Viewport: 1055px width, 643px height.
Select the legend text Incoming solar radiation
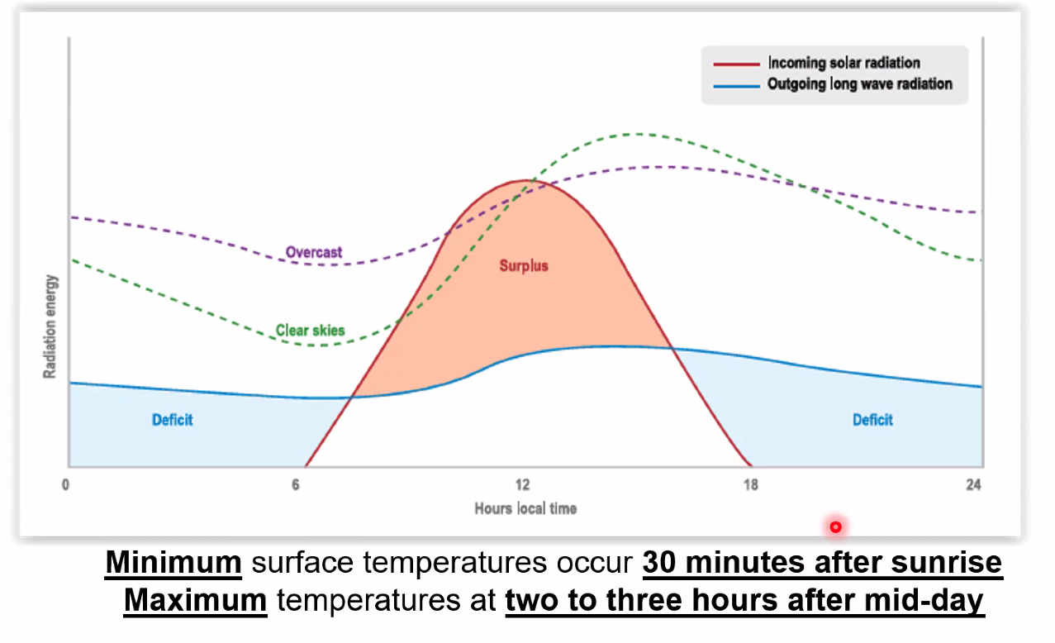tap(844, 63)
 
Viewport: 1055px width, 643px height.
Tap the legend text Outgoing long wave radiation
tap(859, 83)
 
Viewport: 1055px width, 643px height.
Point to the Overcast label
tap(314, 252)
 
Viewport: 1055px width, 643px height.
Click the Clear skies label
tap(311, 331)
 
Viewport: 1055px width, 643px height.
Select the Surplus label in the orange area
tap(524, 266)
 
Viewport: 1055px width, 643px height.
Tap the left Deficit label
tap(173, 420)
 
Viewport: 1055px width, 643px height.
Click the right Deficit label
tap(872, 420)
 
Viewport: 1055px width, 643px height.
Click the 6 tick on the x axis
tap(295, 485)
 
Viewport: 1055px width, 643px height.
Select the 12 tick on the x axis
tap(522, 485)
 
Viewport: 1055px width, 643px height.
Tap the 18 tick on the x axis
tap(750, 485)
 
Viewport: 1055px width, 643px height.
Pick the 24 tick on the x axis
tap(975, 485)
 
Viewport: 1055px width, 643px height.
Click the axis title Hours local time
tap(525, 508)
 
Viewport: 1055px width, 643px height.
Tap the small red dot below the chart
tap(835, 526)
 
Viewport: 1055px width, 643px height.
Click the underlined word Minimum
tap(173, 563)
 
